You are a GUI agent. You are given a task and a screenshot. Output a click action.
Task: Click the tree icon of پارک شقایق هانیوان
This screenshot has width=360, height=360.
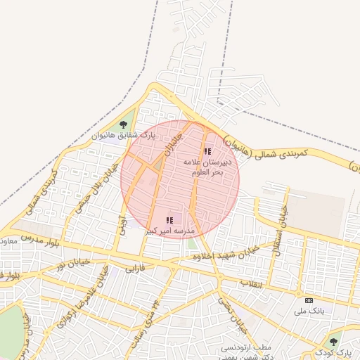124,124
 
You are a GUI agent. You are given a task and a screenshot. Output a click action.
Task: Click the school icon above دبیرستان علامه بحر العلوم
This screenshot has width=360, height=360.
207,151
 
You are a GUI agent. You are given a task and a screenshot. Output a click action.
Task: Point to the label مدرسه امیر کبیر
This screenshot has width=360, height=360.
169,231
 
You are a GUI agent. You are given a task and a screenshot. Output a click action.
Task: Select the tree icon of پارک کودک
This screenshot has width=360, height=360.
333,342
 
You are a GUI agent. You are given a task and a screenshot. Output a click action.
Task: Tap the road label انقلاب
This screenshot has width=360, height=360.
251,283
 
